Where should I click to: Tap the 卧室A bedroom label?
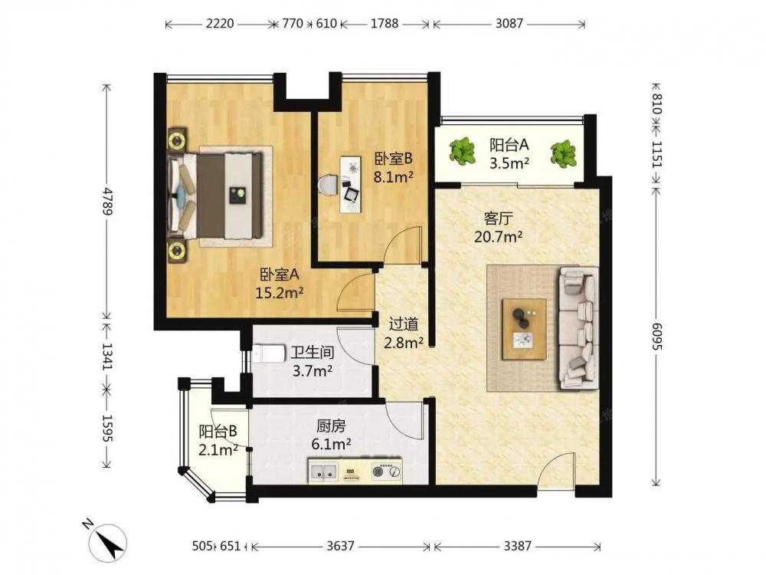point(280,275)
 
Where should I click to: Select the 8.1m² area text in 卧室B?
point(393,177)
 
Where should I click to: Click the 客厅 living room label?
point(499,218)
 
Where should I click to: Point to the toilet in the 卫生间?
point(269,353)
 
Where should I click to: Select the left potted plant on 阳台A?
point(462,150)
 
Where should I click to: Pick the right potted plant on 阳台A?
point(564,153)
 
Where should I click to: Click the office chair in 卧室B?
point(327,186)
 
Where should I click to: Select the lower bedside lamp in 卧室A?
point(176,251)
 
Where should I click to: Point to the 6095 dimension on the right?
point(656,336)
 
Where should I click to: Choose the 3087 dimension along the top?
point(509,23)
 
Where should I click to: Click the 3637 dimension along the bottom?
point(341,545)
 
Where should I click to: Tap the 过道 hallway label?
point(404,324)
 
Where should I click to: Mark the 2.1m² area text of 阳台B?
point(218,449)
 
